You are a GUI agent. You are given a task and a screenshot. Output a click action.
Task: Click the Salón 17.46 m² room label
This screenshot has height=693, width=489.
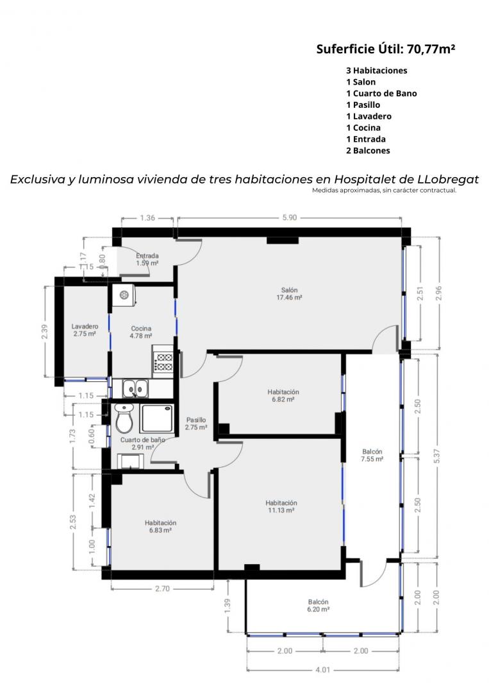coord(289,294)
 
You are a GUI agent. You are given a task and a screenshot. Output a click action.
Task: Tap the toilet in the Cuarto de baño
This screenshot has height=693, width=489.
coord(124,418)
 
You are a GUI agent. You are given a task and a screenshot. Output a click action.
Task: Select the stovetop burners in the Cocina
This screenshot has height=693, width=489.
coord(163,361)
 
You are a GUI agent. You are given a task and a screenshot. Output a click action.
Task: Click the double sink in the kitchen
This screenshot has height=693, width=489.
coord(134,389)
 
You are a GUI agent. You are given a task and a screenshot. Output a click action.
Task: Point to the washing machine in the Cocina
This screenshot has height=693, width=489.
coord(124,295)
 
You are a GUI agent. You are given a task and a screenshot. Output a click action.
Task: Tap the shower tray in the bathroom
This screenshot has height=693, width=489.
coord(156,418)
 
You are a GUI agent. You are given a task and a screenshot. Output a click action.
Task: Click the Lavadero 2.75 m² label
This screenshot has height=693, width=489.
coord(85,330)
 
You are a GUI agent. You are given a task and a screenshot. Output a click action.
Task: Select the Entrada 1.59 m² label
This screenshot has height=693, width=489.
coord(147,259)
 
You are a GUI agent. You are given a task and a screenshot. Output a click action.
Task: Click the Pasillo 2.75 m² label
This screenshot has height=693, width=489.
coord(196,424)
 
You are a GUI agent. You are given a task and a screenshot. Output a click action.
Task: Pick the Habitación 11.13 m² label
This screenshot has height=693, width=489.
coord(281,506)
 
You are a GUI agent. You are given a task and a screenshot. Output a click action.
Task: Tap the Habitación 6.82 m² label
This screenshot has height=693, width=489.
coord(283,395)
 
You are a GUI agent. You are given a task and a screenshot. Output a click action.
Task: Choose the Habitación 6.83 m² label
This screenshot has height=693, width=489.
coord(160,526)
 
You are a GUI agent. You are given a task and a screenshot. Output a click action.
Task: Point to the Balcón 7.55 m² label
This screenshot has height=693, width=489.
coord(372,455)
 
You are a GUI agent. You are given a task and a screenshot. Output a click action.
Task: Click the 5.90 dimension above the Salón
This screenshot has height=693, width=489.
coord(290,218)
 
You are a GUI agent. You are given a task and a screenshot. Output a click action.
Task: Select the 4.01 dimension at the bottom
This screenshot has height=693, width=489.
coord(322,669)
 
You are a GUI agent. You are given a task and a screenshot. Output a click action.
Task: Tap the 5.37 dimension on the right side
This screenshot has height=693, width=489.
coord(437,456)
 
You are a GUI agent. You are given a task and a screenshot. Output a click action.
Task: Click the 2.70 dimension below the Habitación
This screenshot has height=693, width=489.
coord(162,588)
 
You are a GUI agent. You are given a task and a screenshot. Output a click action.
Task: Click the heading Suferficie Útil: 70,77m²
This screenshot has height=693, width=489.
coord(385,49)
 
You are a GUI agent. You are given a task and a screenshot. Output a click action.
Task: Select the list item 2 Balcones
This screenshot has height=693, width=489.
coord(368,150)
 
